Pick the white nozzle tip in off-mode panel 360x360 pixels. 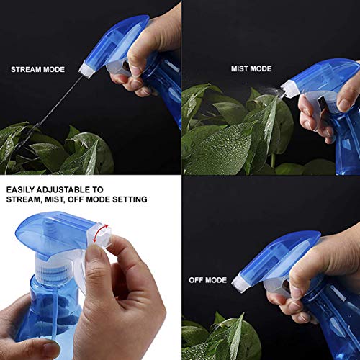tap(240, 278)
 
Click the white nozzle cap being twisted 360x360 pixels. tap(99, 232)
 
